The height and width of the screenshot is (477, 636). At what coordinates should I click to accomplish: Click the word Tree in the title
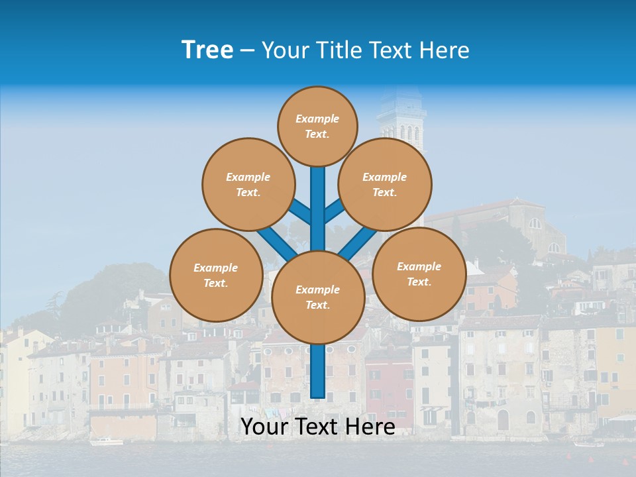point(207,50)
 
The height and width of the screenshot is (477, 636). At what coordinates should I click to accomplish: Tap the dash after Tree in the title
point(247,51)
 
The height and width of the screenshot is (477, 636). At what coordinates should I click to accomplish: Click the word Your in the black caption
point(264,427)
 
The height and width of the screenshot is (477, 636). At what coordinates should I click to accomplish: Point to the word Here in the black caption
point(371,427)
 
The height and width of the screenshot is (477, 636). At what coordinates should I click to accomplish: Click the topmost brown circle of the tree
point(317,126)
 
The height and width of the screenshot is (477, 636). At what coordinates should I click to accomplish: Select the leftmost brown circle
point(216,275)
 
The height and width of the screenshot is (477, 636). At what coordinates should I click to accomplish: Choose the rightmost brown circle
point(419,274)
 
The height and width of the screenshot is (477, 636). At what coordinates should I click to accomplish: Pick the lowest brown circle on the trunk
point(318,297)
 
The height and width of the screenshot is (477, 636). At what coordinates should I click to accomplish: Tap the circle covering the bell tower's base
point(385,184)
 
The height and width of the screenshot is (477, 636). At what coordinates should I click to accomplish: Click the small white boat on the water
point(106,441)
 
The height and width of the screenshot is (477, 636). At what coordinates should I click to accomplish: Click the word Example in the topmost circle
point(317,119)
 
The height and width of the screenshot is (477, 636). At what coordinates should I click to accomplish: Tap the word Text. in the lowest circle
point(317,305)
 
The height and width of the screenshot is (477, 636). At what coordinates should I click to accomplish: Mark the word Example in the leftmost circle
point(215,268)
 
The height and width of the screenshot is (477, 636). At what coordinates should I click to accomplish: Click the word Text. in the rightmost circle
point(419,282)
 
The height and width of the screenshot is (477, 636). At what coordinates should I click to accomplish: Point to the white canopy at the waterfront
point(621,417)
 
